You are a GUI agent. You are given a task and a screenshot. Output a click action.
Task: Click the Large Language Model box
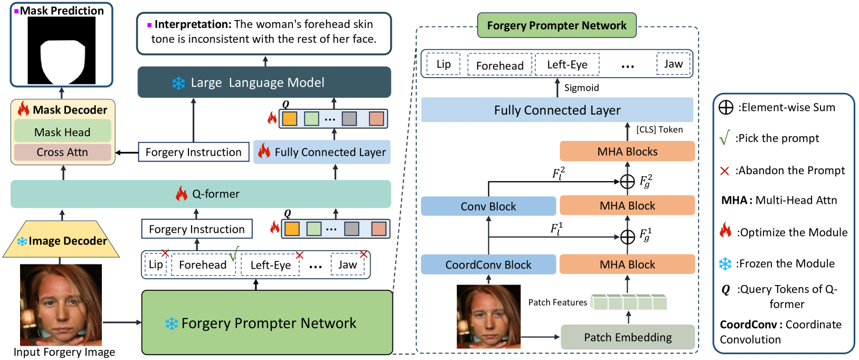(264, 82)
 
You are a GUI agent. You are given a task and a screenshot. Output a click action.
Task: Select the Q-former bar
(201, 194)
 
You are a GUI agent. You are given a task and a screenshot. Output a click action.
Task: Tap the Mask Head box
(62, 132)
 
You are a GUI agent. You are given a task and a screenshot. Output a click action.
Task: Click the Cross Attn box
(62, 152)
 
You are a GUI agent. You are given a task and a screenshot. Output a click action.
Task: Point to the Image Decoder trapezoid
(61, 241)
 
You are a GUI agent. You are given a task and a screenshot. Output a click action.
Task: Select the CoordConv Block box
(488, 264)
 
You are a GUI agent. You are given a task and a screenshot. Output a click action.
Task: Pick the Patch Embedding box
(627, 337)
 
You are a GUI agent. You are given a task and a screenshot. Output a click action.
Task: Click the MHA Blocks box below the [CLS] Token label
(627, 151)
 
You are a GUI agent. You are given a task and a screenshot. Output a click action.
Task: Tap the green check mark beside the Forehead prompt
(234, 253)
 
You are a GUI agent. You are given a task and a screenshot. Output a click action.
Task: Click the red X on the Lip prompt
(165, 253)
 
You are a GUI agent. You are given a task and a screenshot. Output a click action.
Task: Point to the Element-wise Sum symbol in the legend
(726, 108)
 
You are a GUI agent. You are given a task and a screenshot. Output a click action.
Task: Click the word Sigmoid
(581, 88)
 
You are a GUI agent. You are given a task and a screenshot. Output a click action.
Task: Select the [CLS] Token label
(660, 129)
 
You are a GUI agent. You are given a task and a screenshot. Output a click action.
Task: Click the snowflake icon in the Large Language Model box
(178, 83)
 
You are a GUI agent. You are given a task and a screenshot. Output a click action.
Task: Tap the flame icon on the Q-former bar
(182, 194)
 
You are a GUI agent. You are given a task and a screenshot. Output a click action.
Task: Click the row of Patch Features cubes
(628, 302)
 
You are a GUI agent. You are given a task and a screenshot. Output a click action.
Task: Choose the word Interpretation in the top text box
(193, 24)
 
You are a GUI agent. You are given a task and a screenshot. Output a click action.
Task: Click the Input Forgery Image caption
(64, 352)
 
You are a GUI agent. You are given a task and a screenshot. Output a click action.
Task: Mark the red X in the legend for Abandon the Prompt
(724, 170)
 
